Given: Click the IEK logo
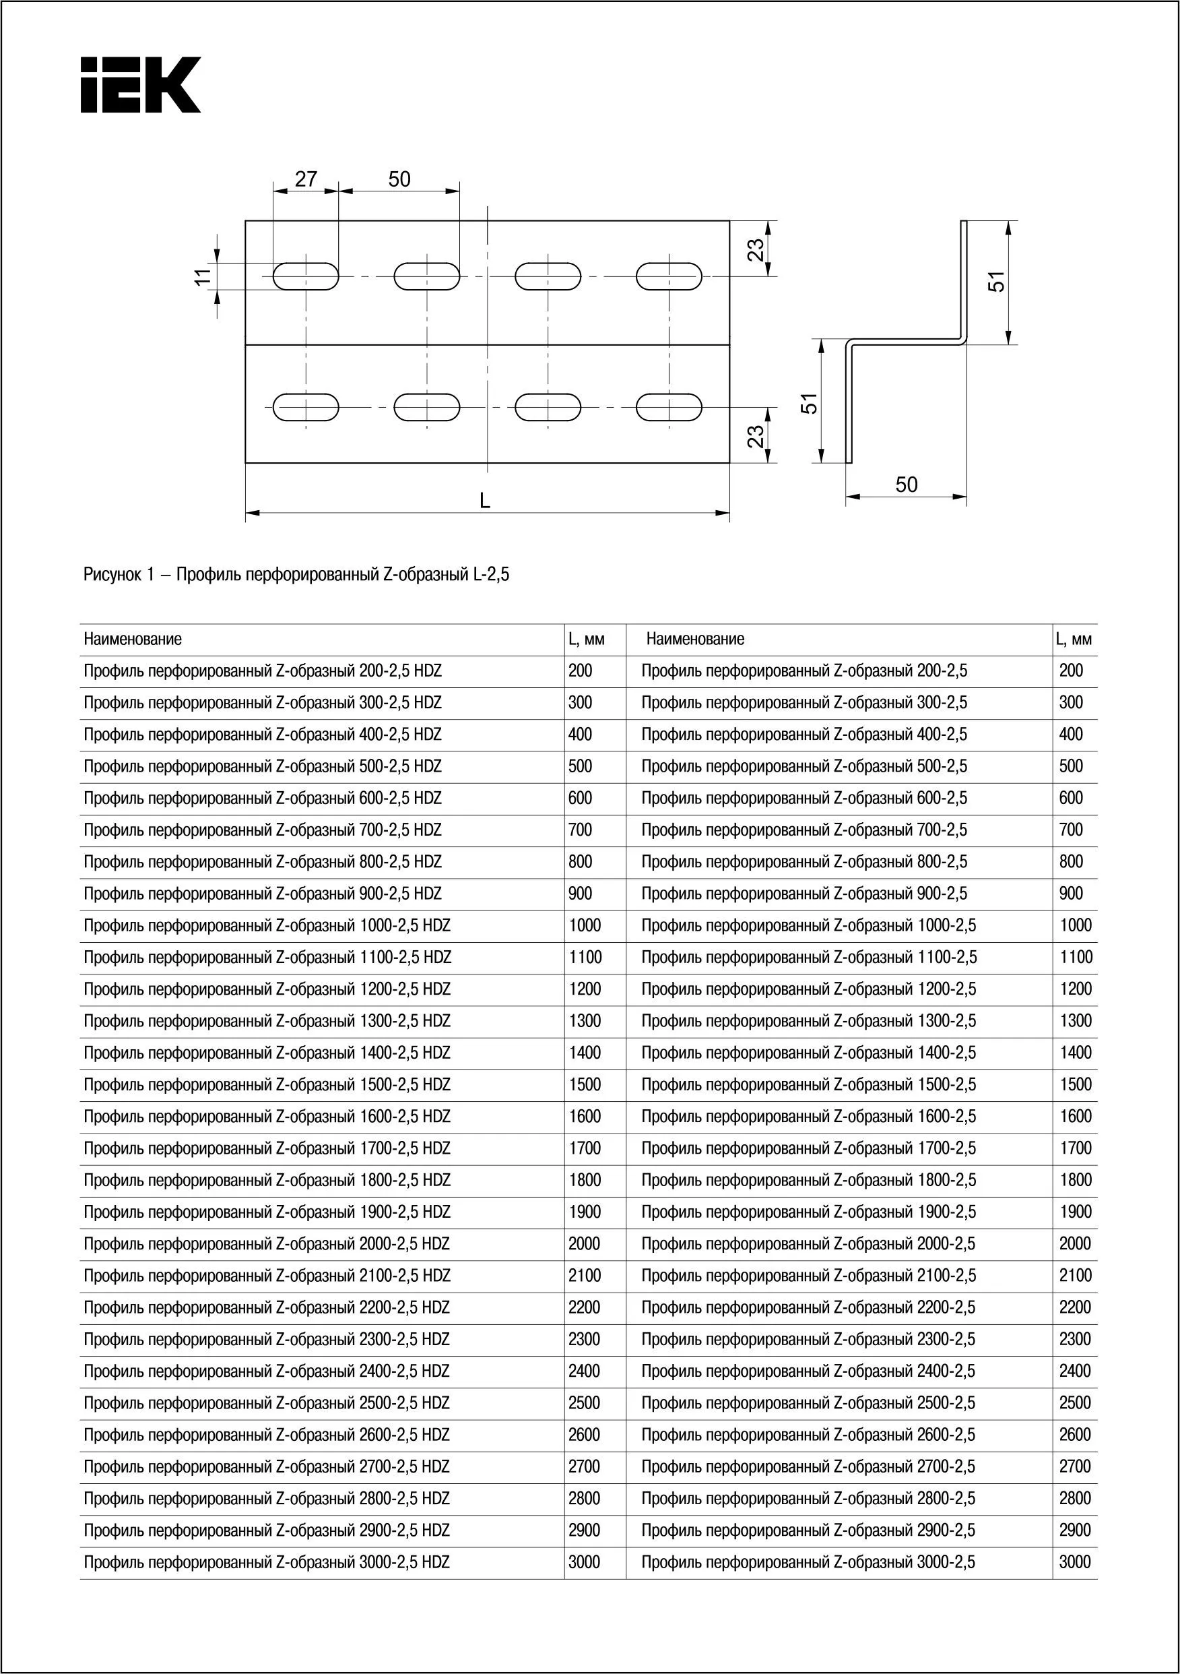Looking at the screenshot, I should pyautogui.click(x=140, y=86).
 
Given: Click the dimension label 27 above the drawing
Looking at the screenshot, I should pyautogui.click(x=306, y=179).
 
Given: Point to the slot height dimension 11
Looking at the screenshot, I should pyautogui.click(x=204, y=276).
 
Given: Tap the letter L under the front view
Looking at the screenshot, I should pyautogui.click(x=486, y=501).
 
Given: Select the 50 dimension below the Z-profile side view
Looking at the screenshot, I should pyautogui.click(x=906, y=485).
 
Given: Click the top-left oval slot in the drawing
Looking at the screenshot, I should pyautogui.click(x=306, y=277).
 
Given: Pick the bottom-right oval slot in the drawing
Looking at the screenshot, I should pyautogui.click(x=669, y=408).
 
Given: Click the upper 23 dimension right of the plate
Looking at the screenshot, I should pyautogui.click(x=757, y=249).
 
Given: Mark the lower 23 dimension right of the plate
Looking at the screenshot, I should pyautogui.click(x=757, y=436).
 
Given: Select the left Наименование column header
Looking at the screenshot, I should pyautogui.click(x=133, y=640).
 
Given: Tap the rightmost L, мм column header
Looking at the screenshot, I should pyautogui.click(x=1074, y=640).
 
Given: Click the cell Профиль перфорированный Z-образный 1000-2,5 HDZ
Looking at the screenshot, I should pyautogui.click(x=267, y=926).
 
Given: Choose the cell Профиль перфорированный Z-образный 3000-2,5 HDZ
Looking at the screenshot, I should pyautogui.click(x=267, y=1562).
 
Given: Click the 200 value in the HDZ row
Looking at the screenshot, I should pyautogui.click(x=580, y=671).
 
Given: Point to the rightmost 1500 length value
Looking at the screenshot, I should pyautogui.click(x=1075, y=1085).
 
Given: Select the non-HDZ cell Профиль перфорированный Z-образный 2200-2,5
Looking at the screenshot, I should pyautogui.click(x=808, y=1308).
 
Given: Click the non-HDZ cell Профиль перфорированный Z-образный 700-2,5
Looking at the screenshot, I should pyautogui.click(x=804, y=830).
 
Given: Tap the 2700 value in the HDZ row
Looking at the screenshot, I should pyautogui.click(x=584, y=1467).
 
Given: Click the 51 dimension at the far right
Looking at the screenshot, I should pyautogui.click(x=997, y=282).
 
